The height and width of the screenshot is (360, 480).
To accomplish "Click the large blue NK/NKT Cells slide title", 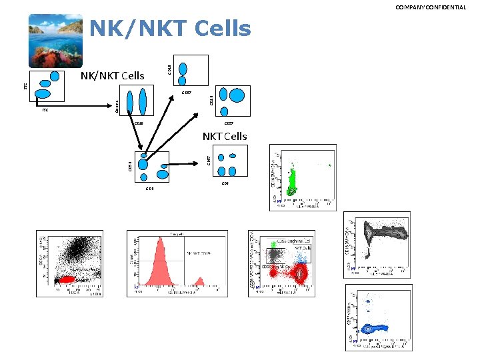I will pos(170,29).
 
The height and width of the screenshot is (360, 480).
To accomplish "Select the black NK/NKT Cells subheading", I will pos(112,75).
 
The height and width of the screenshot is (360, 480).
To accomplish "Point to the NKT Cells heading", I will pos(225,137).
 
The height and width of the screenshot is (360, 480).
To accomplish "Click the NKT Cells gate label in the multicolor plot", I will pos(303,248).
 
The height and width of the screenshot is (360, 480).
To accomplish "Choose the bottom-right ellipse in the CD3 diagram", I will pos(163,175).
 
